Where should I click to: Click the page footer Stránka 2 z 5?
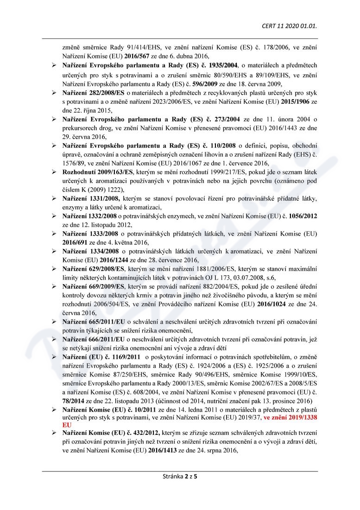[180, 476]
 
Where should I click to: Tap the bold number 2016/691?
[77, 242]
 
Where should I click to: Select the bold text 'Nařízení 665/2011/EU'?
[92, 321]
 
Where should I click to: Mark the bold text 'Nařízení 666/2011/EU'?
[92, 340]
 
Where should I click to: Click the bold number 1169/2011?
[123, 357]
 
